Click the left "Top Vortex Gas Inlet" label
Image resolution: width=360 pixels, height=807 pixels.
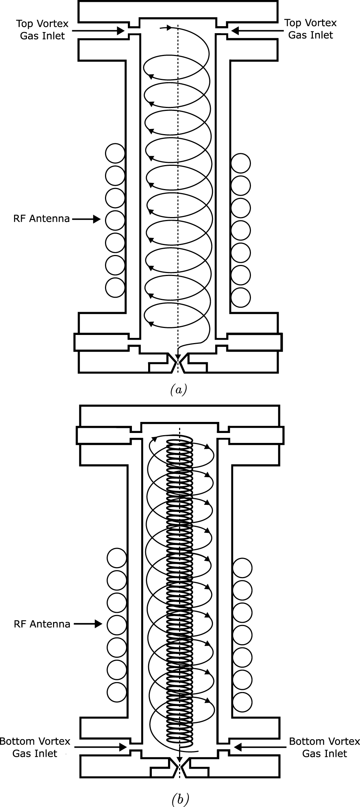pyautogui.click(x=42, y=29)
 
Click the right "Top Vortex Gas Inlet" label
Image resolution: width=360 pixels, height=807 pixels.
pyautogui.click(x=310, y=29)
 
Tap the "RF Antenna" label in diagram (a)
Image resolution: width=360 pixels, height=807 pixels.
pyautogui.click(x=42, y=219)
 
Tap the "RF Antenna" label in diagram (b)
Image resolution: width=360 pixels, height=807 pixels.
pyautogui.click(x=42, y=624)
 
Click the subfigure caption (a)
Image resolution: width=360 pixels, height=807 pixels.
pyautogui.click(x=179, y=389)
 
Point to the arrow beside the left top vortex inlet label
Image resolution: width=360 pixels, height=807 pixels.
pyautogui.click(x=98, y=31)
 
